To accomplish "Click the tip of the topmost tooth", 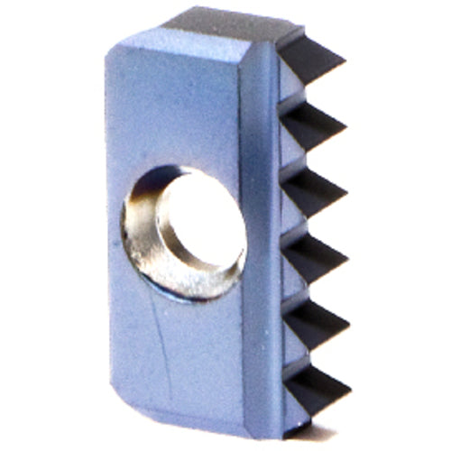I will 345,65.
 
